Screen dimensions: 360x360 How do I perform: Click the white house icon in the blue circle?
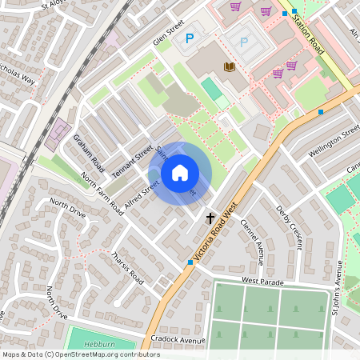(180, 173)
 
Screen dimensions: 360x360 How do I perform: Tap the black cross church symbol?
(211, 217)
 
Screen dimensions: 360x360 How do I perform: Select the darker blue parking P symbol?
(190, 38)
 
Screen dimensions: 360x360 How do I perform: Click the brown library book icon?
(230, 67)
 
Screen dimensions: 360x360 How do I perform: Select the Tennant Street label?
(132, 157)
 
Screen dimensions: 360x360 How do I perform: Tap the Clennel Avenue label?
(252, 238)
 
